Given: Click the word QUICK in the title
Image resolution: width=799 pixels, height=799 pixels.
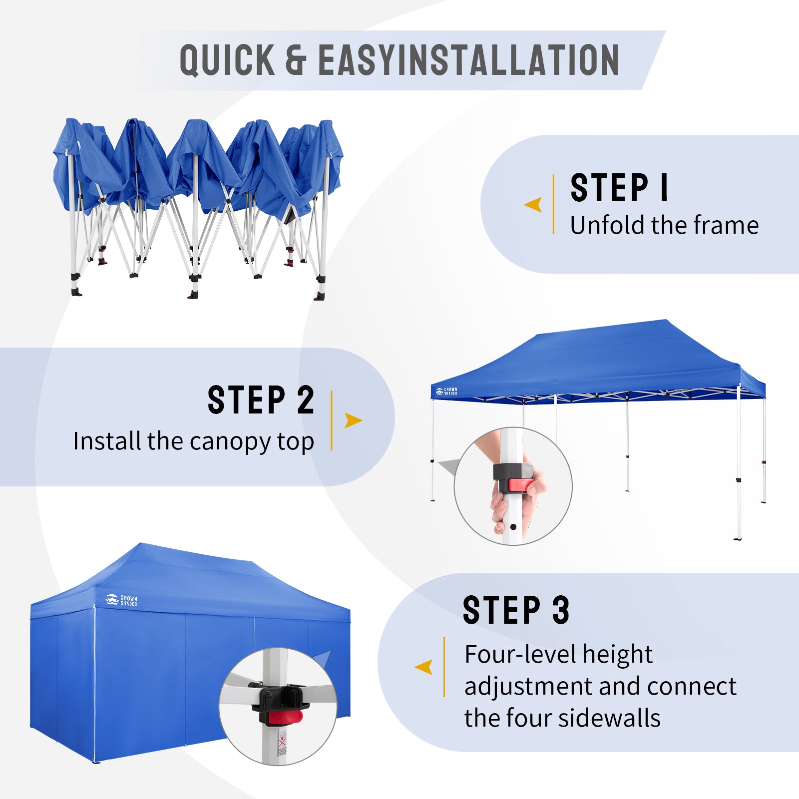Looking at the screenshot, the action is coord(227,60).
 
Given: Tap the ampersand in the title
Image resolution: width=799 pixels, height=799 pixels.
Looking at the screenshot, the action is coord(296,60).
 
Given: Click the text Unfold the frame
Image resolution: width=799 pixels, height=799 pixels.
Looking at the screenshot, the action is coord(664,225).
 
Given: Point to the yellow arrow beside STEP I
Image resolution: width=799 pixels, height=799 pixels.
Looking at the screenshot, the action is coord(534,204).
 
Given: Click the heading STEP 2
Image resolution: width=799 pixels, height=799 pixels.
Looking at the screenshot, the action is coord(261,400).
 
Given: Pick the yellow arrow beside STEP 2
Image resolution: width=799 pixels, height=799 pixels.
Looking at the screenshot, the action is coord(353,420).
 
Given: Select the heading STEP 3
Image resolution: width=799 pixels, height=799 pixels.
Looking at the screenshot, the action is coord(516,610).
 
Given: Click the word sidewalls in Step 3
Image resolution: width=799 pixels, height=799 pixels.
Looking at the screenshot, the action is coord(609,718).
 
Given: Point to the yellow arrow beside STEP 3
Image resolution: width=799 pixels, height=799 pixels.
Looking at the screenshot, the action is coord(423,667).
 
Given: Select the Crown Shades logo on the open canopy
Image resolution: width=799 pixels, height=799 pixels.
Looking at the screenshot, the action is coord(446,392).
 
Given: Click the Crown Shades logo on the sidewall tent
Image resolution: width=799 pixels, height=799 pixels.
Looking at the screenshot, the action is coord(121,600).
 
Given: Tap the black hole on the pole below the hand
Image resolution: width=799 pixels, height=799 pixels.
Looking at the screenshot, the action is coord(513,527).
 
